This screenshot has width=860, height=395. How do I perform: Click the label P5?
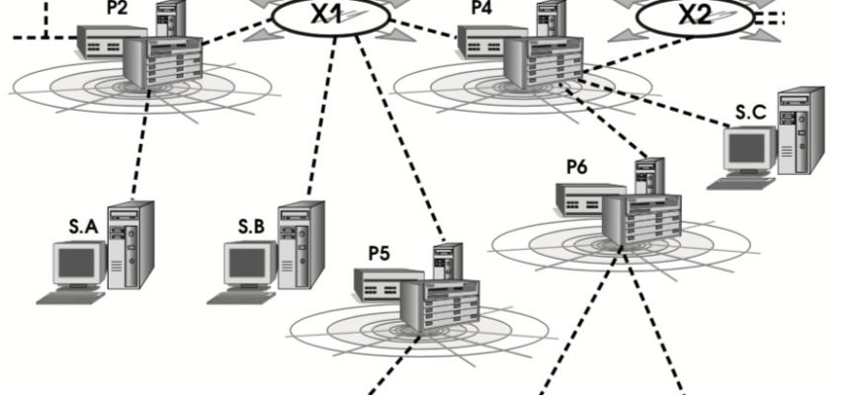(379, 252)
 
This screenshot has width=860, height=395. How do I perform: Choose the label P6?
(576, 166)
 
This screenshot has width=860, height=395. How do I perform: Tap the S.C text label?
(750, 114)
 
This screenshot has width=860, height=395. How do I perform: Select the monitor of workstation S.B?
(249, 264)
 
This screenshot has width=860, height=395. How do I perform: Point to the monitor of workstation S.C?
(747, 149)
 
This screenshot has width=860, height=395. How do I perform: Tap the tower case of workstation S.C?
(801, 130)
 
